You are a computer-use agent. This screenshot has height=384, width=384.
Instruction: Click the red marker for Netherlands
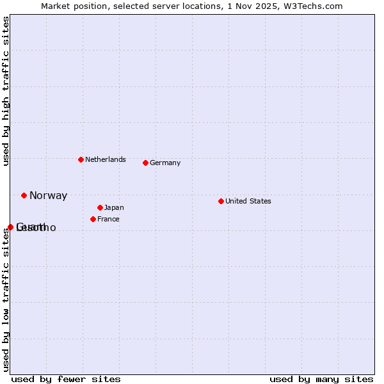(x=81, y=159)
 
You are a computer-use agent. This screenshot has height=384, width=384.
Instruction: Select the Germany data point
(x=145, y=163)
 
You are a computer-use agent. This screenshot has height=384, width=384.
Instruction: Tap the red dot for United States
(x=221, y=201)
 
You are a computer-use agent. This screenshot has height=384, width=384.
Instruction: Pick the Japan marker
(x=100, y=207)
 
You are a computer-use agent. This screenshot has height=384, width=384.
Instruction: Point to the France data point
(x=93, y=219)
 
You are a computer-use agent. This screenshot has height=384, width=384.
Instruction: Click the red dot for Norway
(x=24, y=195)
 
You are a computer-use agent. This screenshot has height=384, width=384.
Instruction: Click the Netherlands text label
(x=106, y=159)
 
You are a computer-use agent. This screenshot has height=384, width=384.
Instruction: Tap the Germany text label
(x=165, y=163)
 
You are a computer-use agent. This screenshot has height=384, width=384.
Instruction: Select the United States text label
(x=248, y=201)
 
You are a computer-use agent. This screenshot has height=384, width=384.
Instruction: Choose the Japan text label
(x=114, y=207)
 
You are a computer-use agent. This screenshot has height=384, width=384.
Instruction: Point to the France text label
(x=108, y=219)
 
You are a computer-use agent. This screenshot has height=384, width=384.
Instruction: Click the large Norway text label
(x=48, y=196)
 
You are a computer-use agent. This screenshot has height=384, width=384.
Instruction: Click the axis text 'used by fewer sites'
(x=66, y=379)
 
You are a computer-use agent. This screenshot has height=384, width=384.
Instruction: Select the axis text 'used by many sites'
(x=321, y=379)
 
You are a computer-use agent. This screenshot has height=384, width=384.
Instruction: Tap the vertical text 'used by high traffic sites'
(x=6, y=92)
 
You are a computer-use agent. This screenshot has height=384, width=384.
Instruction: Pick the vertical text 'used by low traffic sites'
(x=6, y=300)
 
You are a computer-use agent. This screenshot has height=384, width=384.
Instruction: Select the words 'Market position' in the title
(x=71, y=6)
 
